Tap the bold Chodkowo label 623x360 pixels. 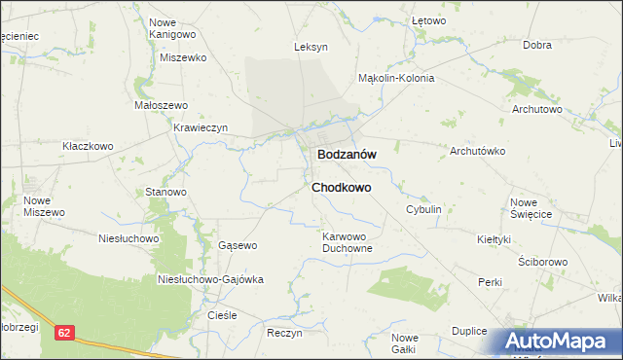[341, 187]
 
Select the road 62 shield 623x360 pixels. [64, 333]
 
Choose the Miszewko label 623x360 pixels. [184, 57]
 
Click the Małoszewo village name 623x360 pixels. [159, 104]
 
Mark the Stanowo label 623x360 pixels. [165, 192]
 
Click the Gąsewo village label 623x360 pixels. [238, 245]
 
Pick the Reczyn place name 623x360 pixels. [284, 333]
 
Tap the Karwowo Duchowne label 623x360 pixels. [348, 241]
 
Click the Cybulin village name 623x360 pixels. [424, 209]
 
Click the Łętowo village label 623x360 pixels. [428, 19]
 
